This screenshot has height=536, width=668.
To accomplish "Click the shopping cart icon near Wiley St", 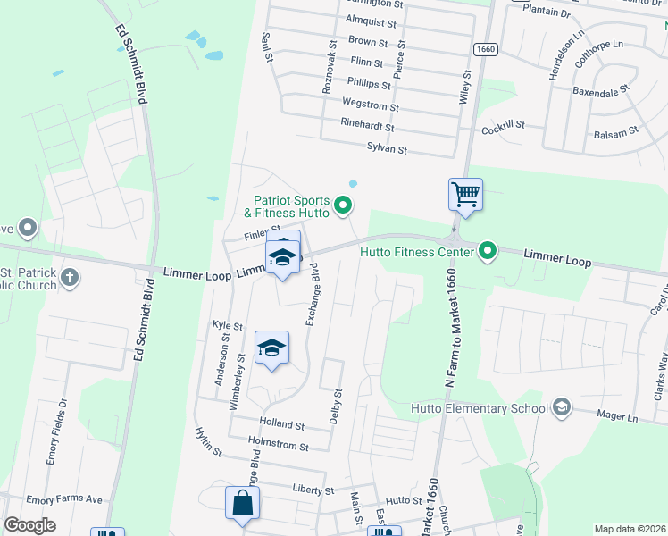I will [x=465, y=195].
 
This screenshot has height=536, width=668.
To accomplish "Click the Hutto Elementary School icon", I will [x=561, y=408].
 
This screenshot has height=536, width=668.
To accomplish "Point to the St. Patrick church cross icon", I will [x=70, y=279].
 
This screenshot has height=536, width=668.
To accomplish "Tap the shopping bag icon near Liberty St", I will [x=243, y=503].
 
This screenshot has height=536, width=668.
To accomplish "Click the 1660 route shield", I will [x=485, y=50].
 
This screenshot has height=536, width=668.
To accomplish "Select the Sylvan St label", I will [x=386, y=150].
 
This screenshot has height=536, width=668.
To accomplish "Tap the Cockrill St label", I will [x=503, y=127].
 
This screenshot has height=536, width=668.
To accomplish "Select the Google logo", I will [x=30, y=525].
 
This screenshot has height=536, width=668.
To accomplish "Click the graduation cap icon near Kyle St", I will [x=272, y=348].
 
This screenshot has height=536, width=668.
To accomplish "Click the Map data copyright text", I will [x=630, y=529].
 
